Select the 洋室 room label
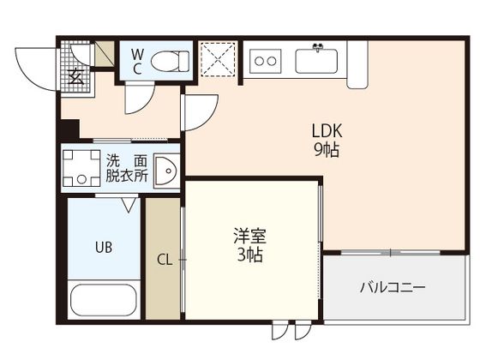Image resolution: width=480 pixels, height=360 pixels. pyautogui.click(x=249, y=236)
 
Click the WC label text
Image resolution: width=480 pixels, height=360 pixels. pyautogui.click(x=136, y=63)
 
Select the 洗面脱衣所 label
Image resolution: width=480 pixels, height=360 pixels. pyautogui.click(x=126, y=167)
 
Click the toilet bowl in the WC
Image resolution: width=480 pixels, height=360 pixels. pyautogui.click(x=175, y=61)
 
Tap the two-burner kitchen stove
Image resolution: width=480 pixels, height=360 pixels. pyautogui.click(x=267, y=60)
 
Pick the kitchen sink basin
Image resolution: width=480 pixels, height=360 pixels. pyautogui.click(x=320, y=60)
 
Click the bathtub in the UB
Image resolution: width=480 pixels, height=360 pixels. pyautogui.click(x=101, y=302)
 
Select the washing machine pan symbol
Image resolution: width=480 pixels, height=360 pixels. pyautogui.click(x=83, y=169)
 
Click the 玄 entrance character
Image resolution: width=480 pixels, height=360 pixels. pyautogui.click(x=75, y=75)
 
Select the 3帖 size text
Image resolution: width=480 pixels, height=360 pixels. pyautogui.click(x=249, y=255)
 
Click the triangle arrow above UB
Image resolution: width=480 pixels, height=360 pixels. pyautogui.click(x=129, y=205)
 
